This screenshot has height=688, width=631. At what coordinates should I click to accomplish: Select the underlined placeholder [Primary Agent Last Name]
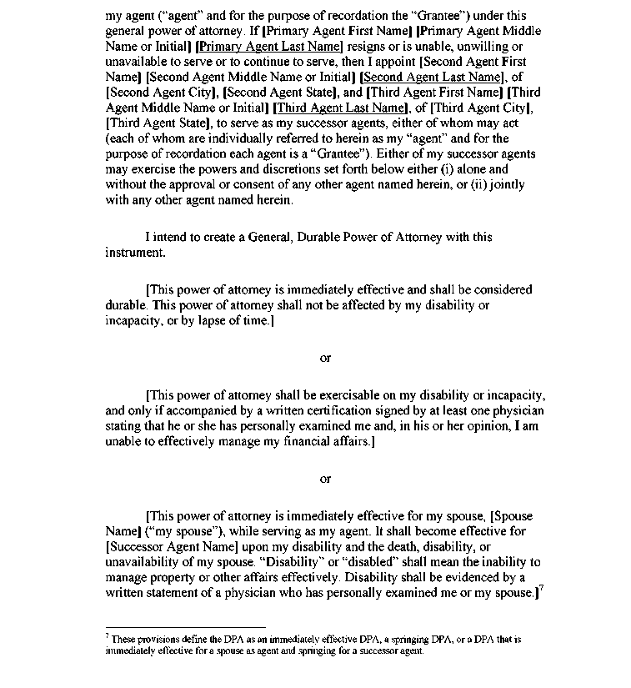[269, 47]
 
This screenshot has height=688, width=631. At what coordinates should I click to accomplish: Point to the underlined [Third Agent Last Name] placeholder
[339, 108]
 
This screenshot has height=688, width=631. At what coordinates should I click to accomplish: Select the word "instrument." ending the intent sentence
[135, 252]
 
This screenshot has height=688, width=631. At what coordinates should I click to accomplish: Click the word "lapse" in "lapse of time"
[207, 320]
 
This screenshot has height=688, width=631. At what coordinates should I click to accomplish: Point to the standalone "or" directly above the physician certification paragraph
[325, 358]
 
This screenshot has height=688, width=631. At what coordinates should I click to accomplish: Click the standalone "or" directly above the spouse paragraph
[325, 479]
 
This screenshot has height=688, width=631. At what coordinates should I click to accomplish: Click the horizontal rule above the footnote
[185, 627]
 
